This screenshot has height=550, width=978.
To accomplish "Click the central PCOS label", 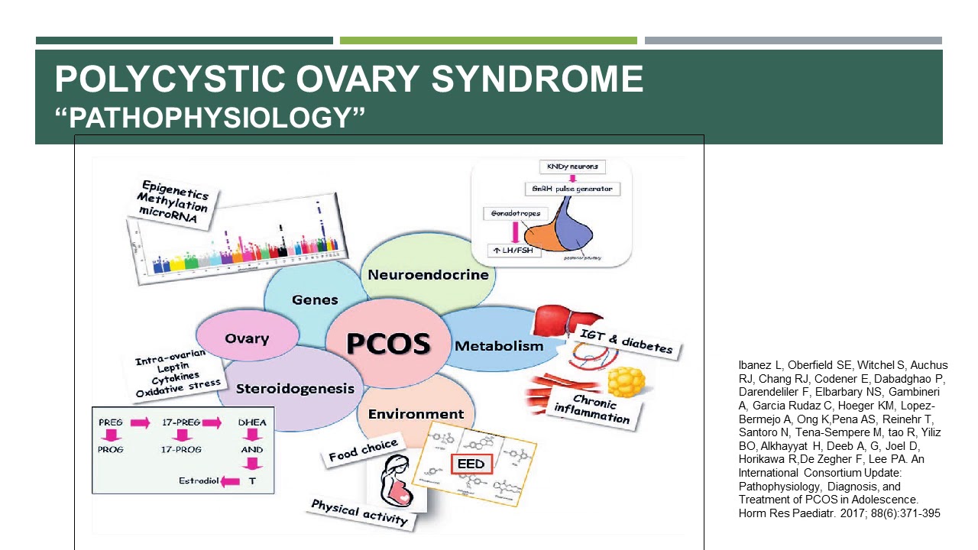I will click(388, 343).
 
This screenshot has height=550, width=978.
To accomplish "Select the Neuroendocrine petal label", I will click(428, 275).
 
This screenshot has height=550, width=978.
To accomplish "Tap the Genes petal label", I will click(315, 299).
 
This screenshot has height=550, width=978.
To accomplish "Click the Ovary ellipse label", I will click(247, 338).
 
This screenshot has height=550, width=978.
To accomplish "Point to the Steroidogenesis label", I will click(295, 389).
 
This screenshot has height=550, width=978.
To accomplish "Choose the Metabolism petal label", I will click(499, 346).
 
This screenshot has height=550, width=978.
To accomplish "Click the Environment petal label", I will click(416, 414).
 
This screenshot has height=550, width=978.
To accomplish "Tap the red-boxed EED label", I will click(471, 464).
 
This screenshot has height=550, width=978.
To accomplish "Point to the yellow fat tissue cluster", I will click(624, 381).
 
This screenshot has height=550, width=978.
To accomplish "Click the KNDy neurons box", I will click(572, 167).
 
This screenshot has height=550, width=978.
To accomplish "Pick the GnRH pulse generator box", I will click(572, 189).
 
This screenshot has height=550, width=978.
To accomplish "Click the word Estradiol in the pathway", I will click(199, 481).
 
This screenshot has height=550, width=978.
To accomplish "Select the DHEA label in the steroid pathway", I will click(251, 422).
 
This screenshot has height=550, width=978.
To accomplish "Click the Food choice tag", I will click(363, 451).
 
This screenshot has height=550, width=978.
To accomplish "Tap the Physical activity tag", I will click(359, 513).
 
